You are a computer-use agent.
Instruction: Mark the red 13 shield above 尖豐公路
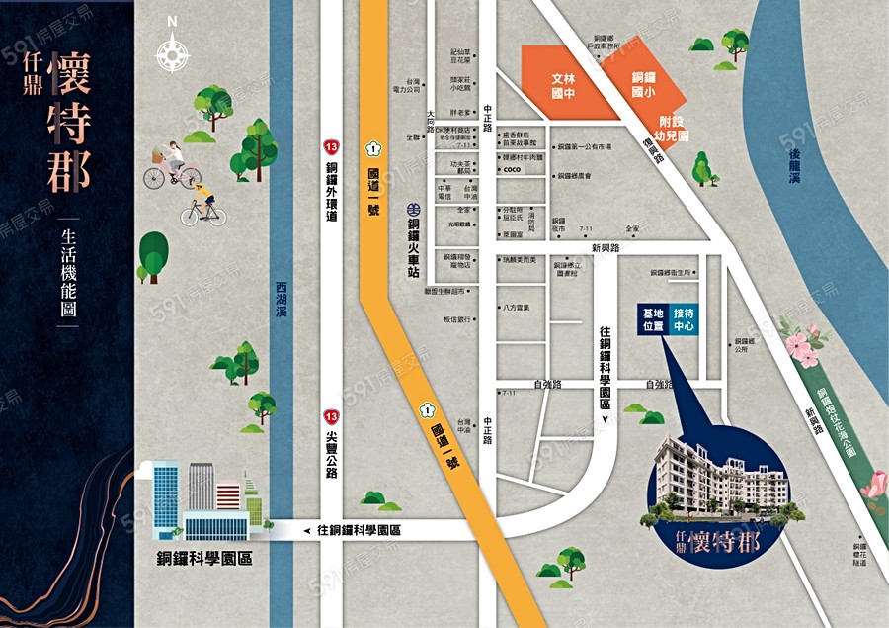(332, 417)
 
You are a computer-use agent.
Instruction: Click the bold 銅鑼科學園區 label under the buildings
(204, 558)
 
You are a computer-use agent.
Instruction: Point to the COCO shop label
(512, 170)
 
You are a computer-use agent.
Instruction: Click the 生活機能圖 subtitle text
(68, 272)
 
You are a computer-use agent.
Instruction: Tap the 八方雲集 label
(516, 307)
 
